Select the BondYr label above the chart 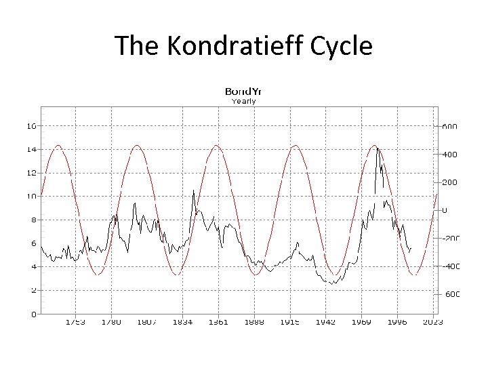tap(243, 91)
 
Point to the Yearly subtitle tap(243, 101)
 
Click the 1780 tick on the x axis tap(111, 322)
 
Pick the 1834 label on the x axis tap(182, 322)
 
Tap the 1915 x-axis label tap(290, 322)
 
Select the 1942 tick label tap(326, 322)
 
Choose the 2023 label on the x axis tap(432, 322)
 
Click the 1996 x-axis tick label tap(397, 322)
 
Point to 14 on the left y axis tap(32, 149)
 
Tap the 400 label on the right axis tap(450, 154)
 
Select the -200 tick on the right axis tap(450, 238)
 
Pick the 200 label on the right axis tap(450, 182)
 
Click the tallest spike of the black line tap(378, 148)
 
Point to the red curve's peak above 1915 tap(295, 146)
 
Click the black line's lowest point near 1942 tap(332, 283)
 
